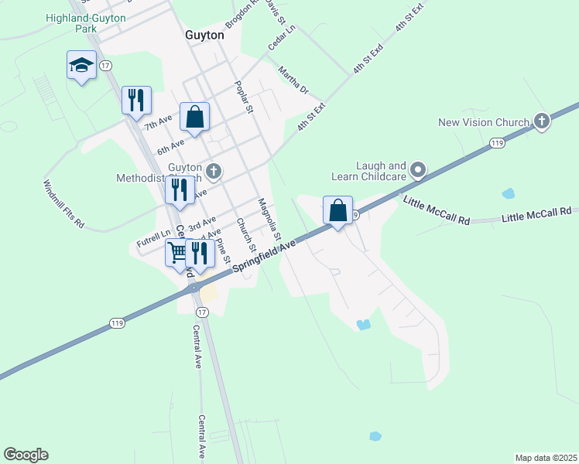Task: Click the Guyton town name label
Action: pos(204,36)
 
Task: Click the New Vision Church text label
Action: pos(484,122)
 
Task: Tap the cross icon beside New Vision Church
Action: pos(542,121)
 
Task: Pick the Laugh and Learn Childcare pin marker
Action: pos(419,169)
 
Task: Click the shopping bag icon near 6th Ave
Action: pos(195,118)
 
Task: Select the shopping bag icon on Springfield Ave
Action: pos(338,211)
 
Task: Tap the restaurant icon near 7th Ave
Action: pos(136,100)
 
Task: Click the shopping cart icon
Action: pos(178,253)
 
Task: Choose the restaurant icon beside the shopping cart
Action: pos(200,253)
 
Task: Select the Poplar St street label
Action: pos(244,97)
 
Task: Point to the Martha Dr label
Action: pos(293,80)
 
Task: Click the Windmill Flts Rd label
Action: pos(63,205)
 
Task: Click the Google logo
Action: pos(26,455)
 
